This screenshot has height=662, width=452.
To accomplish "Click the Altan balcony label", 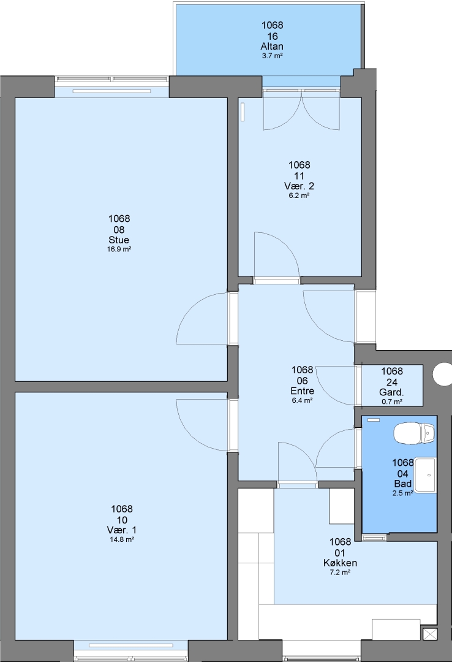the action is coord(272,46).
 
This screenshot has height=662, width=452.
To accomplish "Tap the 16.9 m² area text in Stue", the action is coord(119,249).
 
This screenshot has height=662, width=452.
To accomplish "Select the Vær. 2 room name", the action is coord(299,186).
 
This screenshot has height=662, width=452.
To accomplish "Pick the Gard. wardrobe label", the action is coord(391,393).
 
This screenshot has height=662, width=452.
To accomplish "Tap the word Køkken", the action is coord(340,563).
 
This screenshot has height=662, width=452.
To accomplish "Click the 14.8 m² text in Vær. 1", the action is coord(121,539).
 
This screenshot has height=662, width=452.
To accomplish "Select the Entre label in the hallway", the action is coord(302,390).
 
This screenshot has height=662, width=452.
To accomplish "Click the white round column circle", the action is coord(443,374).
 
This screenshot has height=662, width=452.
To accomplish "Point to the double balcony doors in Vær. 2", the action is coord(301,109).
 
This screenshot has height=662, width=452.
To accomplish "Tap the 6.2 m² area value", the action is coord(299,196).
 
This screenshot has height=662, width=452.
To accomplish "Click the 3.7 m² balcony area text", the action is coord(272,56).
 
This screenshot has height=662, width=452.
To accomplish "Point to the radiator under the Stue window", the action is coord(112,91).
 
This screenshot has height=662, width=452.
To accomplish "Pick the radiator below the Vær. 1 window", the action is coord(131,645).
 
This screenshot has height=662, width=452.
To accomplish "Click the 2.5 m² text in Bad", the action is coord(402,493).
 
